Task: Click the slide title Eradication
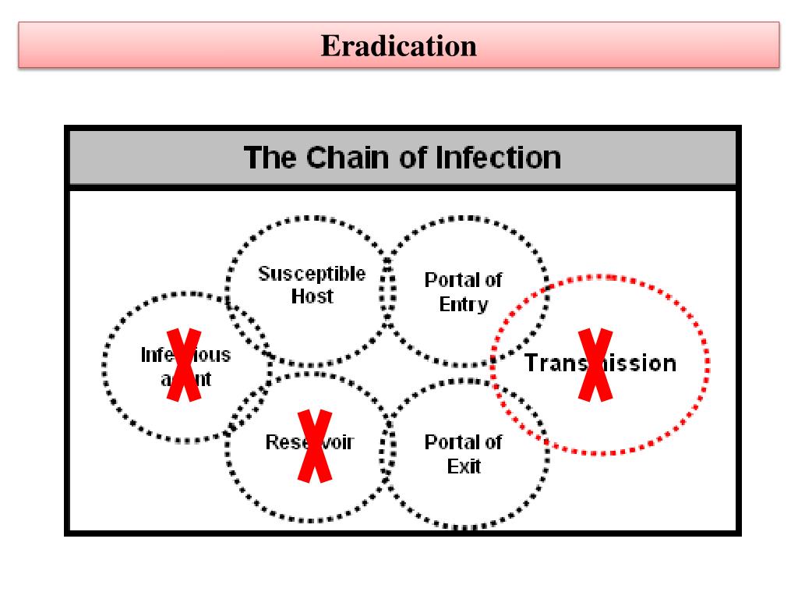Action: (x=398, y=46)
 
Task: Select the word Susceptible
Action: (x=312, y=274)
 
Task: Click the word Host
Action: (x=312, y=296)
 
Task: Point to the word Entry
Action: (x=463, y=304)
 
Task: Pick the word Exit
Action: (x=463, y=467)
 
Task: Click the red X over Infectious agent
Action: (x=185, y=365)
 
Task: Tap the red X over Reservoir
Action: (x=315, y=446)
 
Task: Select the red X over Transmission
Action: (x=595, y=365)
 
